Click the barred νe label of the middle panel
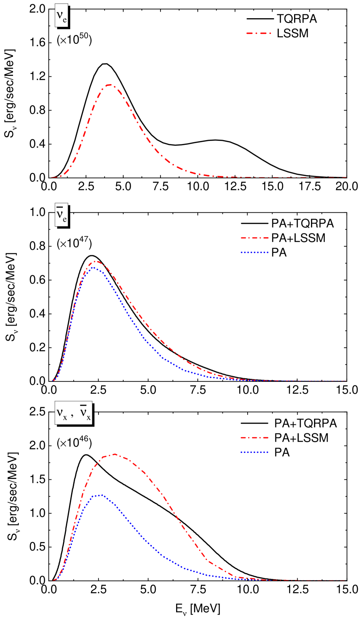point(61,215)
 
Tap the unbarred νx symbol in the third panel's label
point(62,413)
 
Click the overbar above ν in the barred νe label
point(60,207)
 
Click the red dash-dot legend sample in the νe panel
point(259,33)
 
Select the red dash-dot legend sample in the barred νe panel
point(255,238)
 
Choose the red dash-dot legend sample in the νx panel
point(255,438)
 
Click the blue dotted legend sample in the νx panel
point(255,452)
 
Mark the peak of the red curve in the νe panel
point(110,85)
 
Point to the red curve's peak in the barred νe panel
point(97,261)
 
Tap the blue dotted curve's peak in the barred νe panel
point(93,267)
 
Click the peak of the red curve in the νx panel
point(115,454)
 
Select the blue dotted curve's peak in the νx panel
point(101,495)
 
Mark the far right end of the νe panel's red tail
point(346,177)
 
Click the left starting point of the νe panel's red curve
point(52,177)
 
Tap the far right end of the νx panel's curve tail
point(346,580)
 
